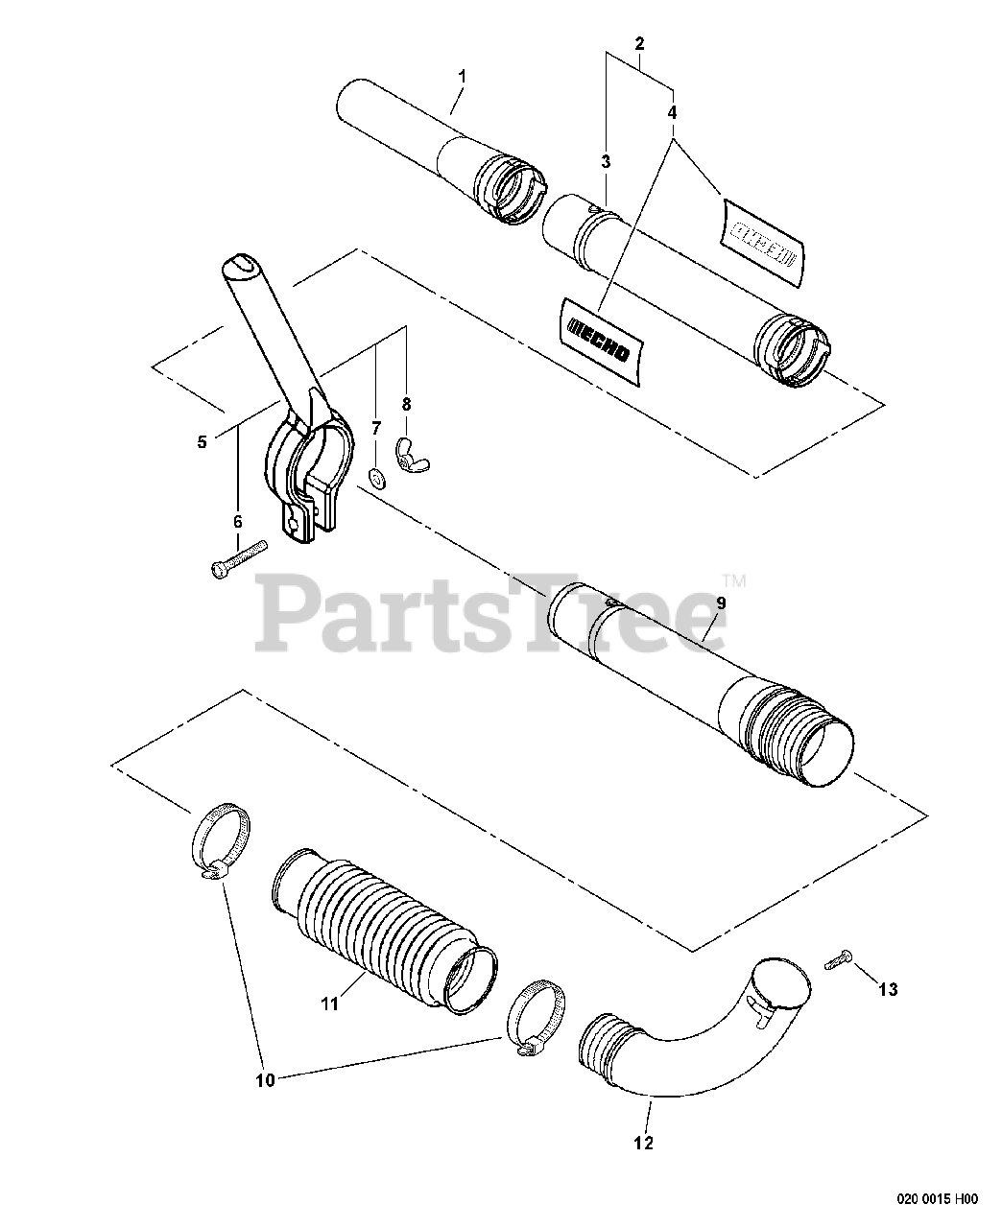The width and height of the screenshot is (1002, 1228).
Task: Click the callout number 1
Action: (462, 75)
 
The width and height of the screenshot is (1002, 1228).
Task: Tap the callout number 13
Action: (889, 989)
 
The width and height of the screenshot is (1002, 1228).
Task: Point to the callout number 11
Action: (329, 1004)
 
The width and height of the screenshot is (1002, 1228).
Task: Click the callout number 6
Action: (238, 521)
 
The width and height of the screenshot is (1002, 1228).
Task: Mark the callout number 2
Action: (640, 43)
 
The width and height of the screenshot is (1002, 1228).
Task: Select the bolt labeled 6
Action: (236, 560)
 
